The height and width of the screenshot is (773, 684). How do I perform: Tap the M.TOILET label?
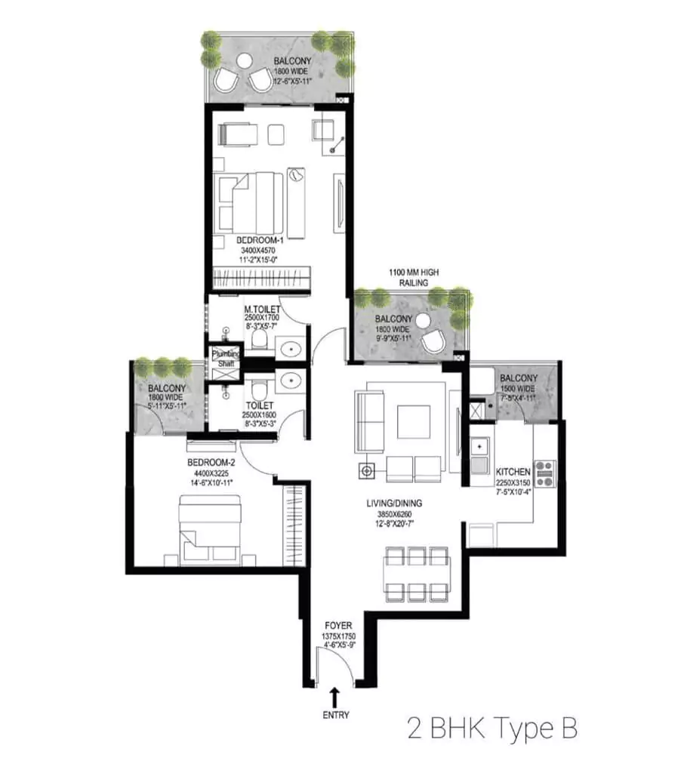pyautogui.click(x=263, y=310)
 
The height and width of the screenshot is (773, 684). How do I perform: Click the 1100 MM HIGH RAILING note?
pyautogui.click(x=413, y=277)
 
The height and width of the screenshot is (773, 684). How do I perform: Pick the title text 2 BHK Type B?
pyautogui.click(x=492, y=728)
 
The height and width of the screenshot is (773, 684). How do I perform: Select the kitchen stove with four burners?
pyautogui.click(x=545, y=473)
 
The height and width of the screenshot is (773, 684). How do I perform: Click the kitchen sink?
pyautogui.click(x=479, y=447)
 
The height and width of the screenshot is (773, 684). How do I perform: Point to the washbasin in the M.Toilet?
pyautogui.click(x=289, y=348)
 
